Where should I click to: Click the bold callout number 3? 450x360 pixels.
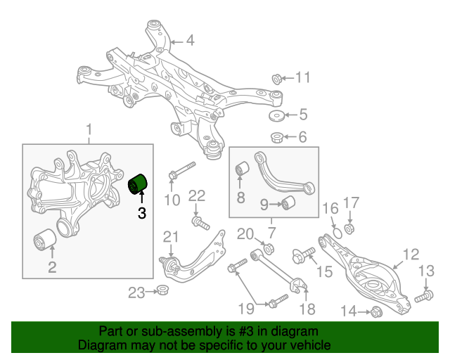click(141, 213)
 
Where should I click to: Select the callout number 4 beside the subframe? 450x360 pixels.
click(190, 40)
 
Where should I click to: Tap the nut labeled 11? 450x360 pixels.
click(277, 77)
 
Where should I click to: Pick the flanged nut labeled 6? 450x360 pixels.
click(277, 136)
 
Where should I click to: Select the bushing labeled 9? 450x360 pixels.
click(288, 204)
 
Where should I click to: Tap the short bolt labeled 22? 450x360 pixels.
click(200, 224)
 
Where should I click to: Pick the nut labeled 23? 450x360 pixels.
click(162, 290)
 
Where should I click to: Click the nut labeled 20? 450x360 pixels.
click(267, 247)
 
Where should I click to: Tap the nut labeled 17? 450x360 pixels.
click(351, 228)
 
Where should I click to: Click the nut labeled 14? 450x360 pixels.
click(374, 311)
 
